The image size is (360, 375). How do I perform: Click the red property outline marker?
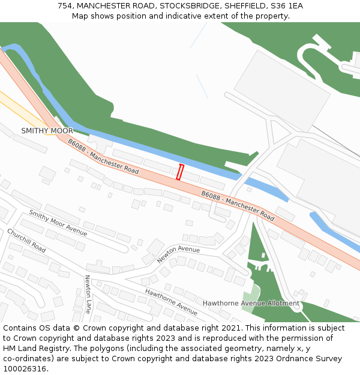pyautogui.click(x=179, y=172)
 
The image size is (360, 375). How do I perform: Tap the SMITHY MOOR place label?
pyautogui.click(x=47, y=131)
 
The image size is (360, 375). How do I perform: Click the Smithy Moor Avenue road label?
pyautogui.click(x=58, y=222)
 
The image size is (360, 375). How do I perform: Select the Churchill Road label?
pyautogui.click(x=26, y=240)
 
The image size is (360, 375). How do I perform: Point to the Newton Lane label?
pyautogui.click(x=88, y=294)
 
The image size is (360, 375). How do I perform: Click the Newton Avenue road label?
pyautogui.click(x=178, y=254)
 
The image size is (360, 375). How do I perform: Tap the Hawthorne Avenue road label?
pyautogui.click(x=171, y=301)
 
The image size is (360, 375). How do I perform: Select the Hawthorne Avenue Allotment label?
pyautogui.click(x=251, y=304)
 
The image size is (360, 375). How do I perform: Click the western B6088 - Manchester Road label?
pyautogui.click(x=103, y=157)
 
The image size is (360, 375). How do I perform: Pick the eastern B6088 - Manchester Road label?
pyautogui.click(x=238, y=206)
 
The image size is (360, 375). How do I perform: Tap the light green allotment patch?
pyautogui.click(x=252, y=295)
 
